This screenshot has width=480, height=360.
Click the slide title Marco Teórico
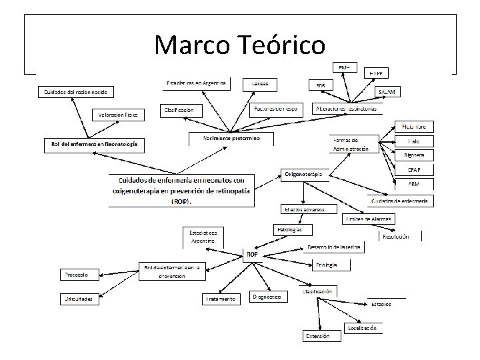(x=239, y=45)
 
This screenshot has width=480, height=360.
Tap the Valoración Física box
(x=117, y=115)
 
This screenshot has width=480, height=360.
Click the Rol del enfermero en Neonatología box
(x=94, y=143)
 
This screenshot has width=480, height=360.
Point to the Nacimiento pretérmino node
(x=231, y=138)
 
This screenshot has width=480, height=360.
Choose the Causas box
(x=260, y=84)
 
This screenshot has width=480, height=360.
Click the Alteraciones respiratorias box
(x=348, y=108)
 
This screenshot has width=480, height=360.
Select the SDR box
(x=321, y=85)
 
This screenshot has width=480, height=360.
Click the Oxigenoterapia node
(x=303, y=174)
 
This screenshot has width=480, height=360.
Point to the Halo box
(x=415, y=141)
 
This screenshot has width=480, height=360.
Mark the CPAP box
(x=415, y=170)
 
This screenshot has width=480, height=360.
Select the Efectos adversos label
(x=305, y=209)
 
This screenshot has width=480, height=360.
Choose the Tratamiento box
(x=221, y=299)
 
